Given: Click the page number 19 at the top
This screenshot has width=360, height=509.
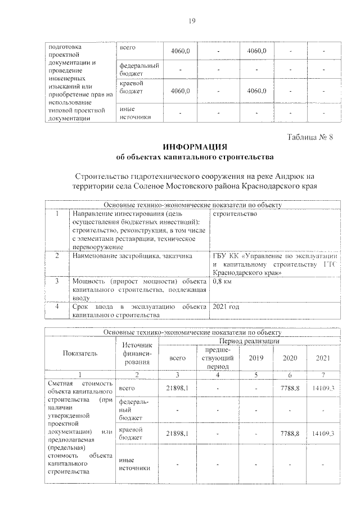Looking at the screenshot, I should tap(191, 21).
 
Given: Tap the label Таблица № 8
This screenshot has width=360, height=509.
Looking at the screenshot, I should tap(311, 138).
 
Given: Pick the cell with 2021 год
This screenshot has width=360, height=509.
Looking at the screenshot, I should tap(227, 307).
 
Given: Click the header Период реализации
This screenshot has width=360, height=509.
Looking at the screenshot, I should tap(250, 341).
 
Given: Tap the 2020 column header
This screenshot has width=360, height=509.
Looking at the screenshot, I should tap(290, 358).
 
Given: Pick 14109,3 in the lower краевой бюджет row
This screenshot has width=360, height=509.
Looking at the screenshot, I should tap(323, 434).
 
